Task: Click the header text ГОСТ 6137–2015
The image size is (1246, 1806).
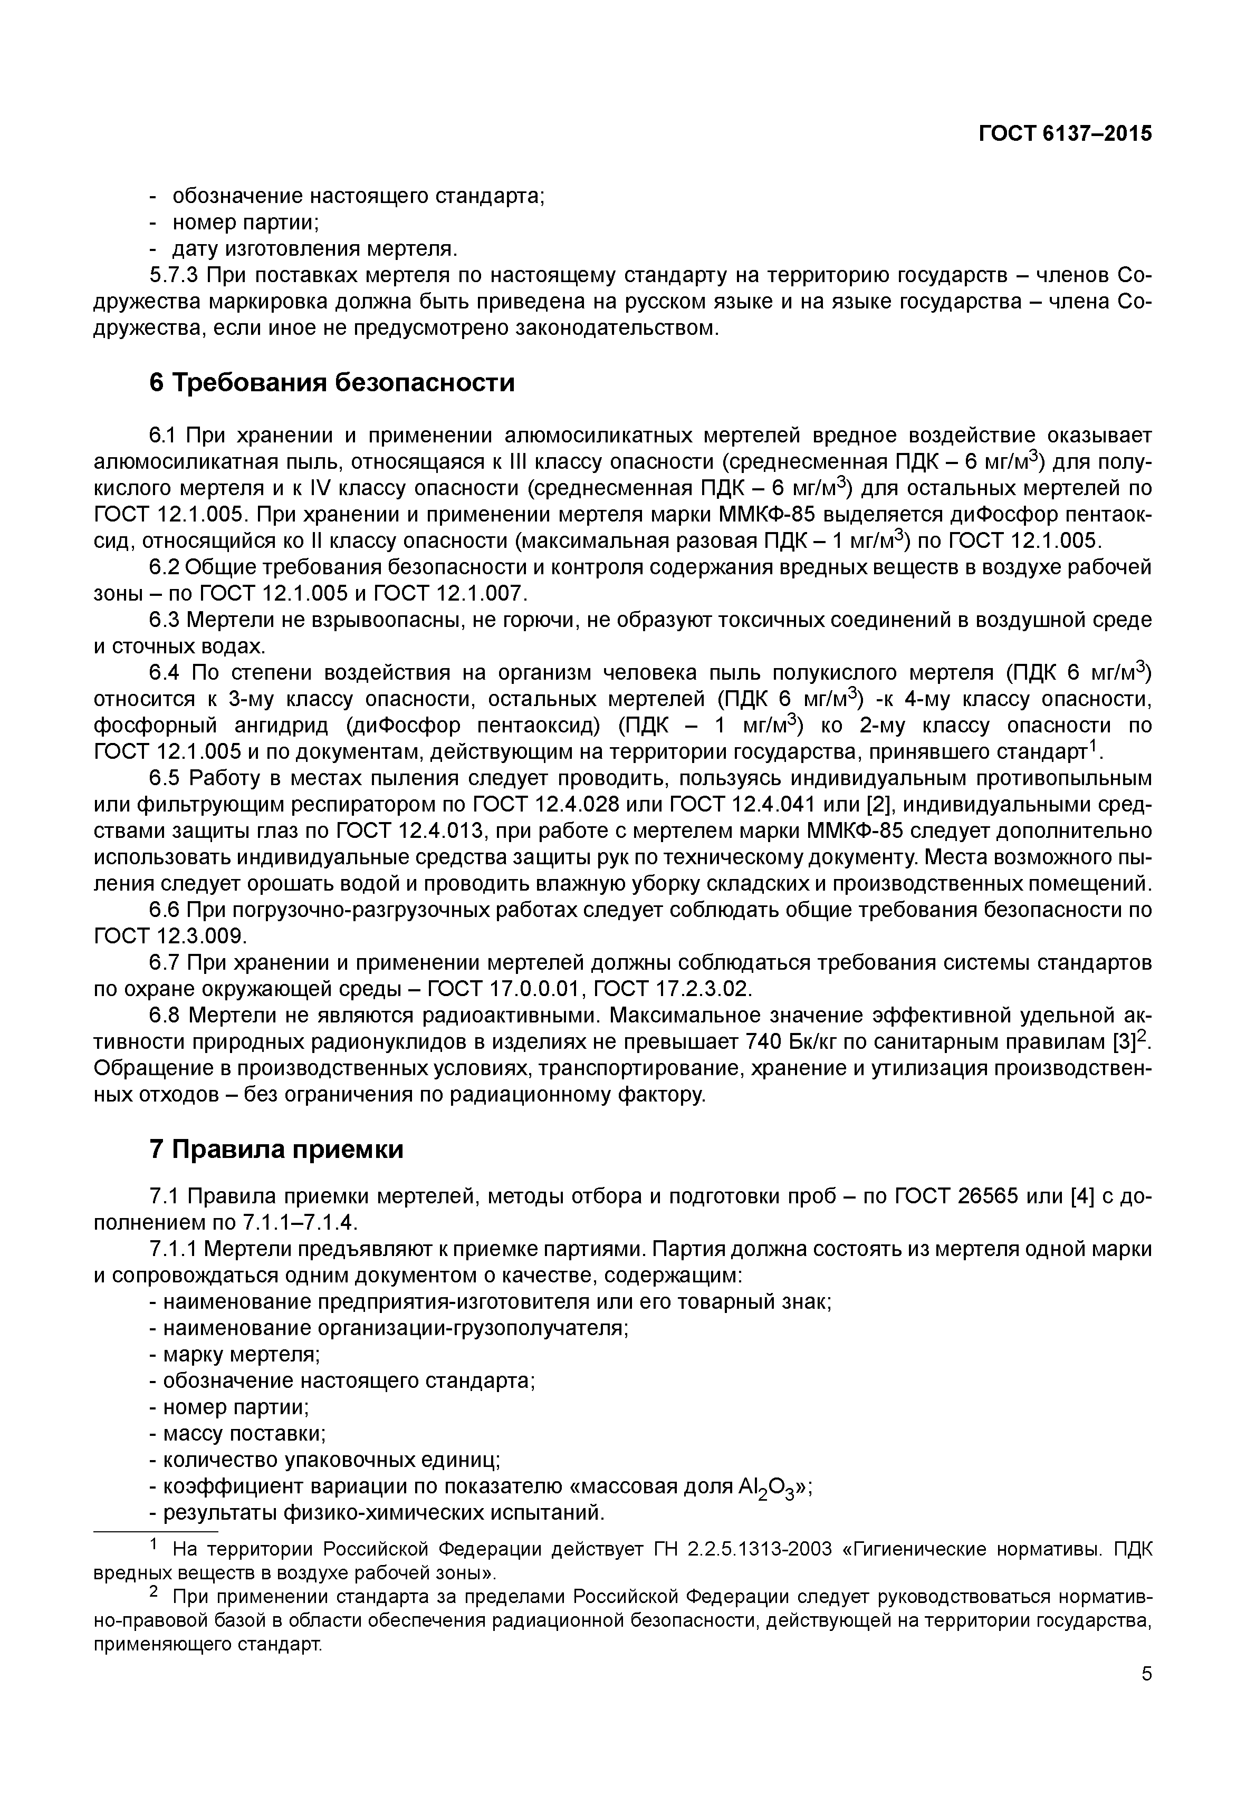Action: point(1065,133)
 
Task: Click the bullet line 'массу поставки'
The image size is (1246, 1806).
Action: point(237,1434)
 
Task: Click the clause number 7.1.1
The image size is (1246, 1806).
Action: point(176,1249)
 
